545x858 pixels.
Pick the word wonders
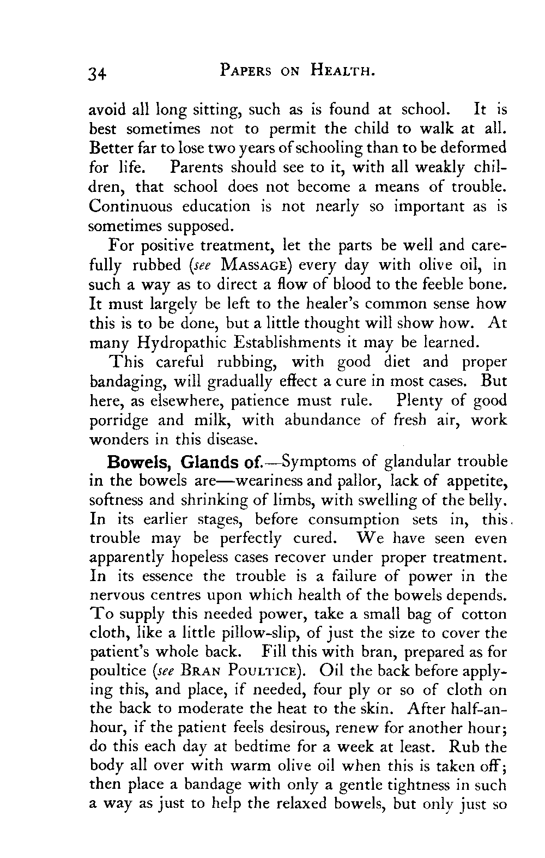(x=119, y=439)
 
